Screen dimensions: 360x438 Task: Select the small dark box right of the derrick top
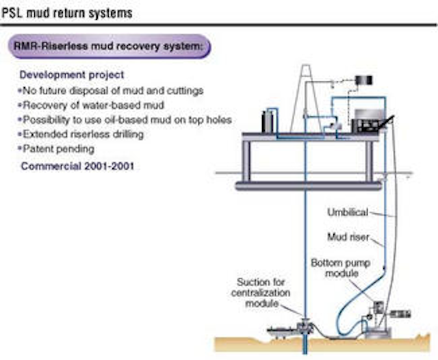(363, 80)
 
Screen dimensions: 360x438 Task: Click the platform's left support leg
(246, 160)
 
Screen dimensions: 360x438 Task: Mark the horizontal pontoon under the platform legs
(308, 185)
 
